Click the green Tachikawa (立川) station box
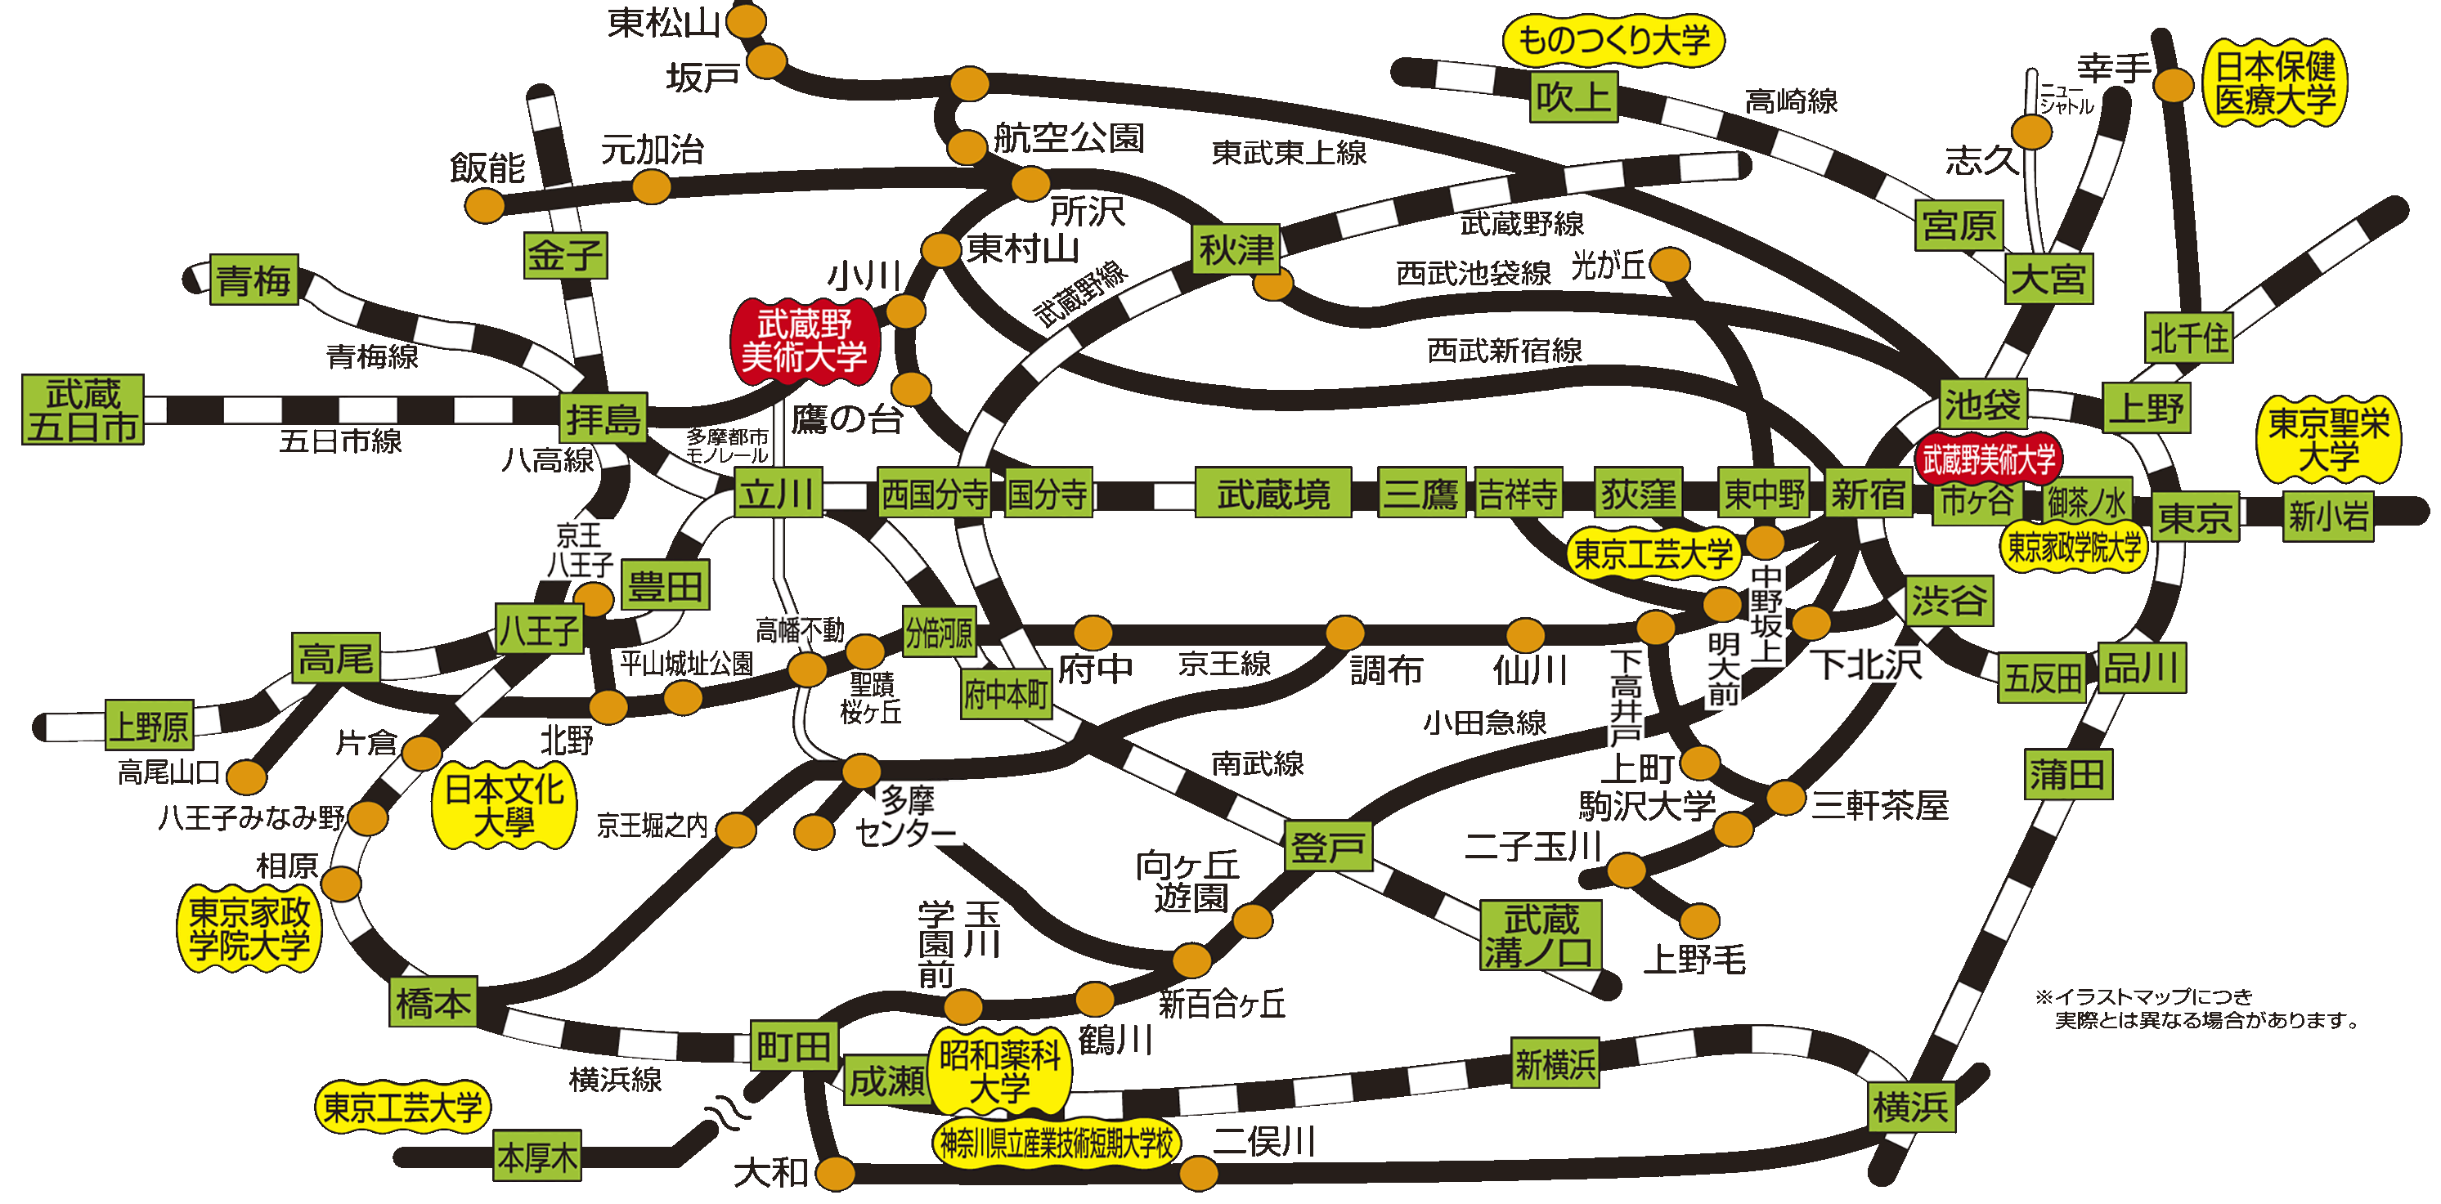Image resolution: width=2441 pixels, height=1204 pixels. coord(778,493)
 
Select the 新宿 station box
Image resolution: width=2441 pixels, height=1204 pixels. coord(1868,493)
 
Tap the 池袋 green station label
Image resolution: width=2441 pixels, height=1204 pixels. coord(1982,405)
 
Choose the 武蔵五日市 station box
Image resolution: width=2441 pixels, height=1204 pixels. coord(83,410)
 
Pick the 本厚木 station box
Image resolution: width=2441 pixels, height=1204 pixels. coord(537,1156)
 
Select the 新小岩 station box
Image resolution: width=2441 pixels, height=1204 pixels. coord(2328,517)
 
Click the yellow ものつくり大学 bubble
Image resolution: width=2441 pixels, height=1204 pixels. coord(1613,41)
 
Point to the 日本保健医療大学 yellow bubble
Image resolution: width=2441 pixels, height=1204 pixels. coord(2275,83)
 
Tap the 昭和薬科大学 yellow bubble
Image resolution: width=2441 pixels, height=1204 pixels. coord(1000,1071)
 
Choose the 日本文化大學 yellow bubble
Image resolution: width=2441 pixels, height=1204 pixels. coord(504,805)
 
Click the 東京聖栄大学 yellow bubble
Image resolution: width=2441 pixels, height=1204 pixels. coord(2329,440)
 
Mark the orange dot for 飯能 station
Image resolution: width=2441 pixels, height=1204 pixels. coord(485,204)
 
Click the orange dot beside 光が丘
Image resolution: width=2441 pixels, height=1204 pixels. coord(1671,266)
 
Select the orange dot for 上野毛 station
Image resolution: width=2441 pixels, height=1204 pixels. coord(1700,920)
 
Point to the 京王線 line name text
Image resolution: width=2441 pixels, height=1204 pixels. coord(1224,664)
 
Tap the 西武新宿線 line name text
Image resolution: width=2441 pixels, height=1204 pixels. coord(1505,351)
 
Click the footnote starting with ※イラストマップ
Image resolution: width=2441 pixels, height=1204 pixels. coord(2196,1008)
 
